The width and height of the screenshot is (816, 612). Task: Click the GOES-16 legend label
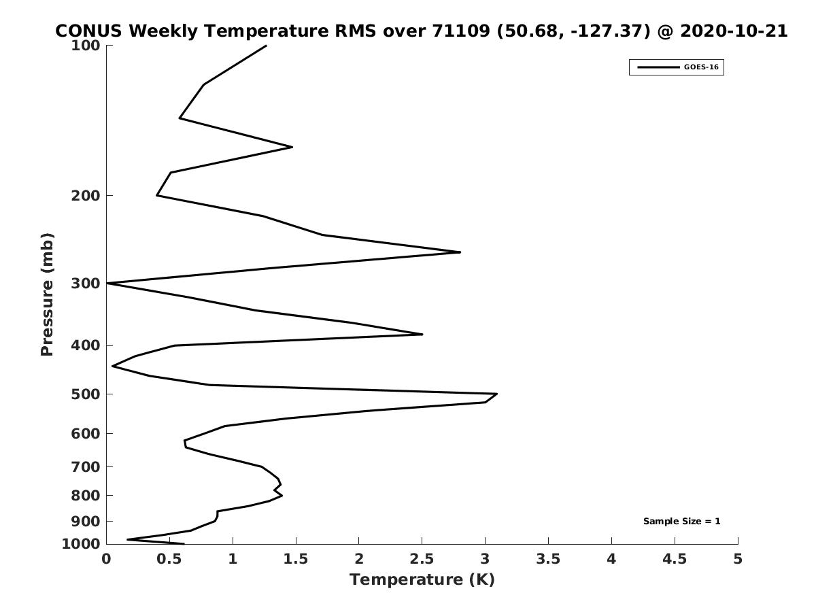[x=701, y=67]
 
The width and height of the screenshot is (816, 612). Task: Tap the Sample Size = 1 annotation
[x=682, y=522]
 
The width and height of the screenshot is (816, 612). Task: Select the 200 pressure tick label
[x=86, y=195]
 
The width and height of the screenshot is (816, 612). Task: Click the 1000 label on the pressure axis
[x=81, y=544]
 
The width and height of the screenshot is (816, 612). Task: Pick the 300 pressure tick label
[x=86, y=284]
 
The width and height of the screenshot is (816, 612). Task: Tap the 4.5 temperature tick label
[x=675, y=559]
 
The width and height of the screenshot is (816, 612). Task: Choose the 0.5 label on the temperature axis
[x=169, y=559]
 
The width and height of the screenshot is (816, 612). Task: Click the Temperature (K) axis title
[x=422, y=579]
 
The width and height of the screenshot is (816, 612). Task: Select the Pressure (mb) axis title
[x=47, y=294]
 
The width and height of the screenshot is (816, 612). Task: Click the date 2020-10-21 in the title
[x=734, y=31]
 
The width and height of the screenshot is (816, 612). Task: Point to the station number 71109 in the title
[x=461, y=31]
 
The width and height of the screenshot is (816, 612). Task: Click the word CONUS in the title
[x=88, y=31]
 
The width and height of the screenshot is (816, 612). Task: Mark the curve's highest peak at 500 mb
[x=497, y=394]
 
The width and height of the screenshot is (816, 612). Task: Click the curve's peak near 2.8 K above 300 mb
[x=460, y=252]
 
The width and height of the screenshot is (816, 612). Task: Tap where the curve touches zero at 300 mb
[x=107, y=284]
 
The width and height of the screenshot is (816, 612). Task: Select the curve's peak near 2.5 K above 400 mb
[x=422, y=335]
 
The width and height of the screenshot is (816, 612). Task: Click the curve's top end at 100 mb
[x=266, y=46]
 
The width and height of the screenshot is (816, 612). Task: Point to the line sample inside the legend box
[x=658, y=67]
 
